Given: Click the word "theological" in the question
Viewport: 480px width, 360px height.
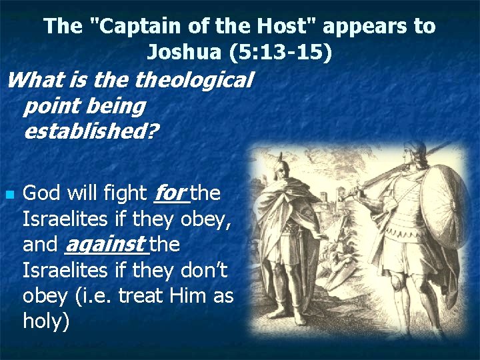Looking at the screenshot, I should tap(194, 80).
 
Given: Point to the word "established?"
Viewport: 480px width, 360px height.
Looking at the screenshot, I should tap(91, 131).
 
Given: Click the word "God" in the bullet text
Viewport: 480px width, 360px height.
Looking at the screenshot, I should tap(43, 193).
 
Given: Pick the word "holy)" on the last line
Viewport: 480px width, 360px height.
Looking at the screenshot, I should tap(46, 321).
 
